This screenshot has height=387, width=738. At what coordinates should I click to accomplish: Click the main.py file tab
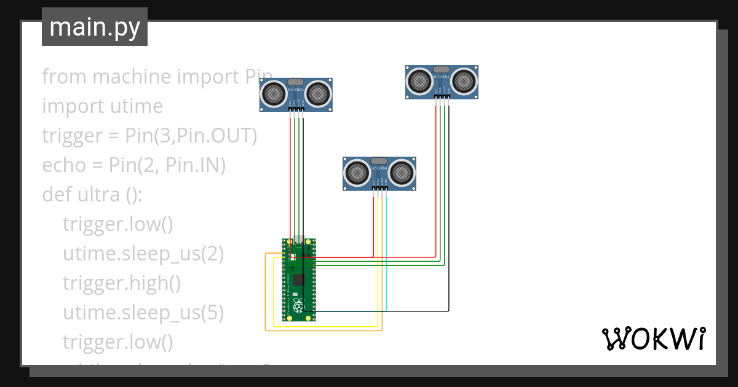coord(94,27)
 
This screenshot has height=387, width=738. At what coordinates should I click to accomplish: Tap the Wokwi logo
coord(653,338)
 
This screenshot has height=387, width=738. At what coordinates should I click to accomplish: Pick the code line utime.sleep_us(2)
coord(143,254)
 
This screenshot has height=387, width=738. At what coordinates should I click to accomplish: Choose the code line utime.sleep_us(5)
coord(143,313)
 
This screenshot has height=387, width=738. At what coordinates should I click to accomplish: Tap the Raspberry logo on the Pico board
coord(298,307)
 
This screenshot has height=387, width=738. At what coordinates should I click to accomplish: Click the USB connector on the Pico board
coord(298,240)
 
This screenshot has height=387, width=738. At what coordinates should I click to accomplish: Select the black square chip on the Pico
coord(298,280)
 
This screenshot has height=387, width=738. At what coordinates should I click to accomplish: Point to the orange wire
coord(266,295)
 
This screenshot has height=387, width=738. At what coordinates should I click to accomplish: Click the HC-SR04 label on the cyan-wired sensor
coord(380,168)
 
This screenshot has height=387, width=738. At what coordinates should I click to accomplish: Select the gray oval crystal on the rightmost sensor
coord(442,69)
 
